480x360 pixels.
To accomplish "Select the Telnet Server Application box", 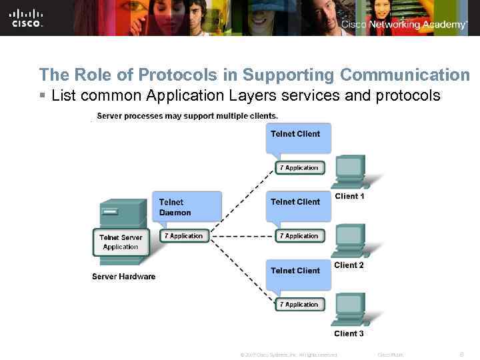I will [x=120, y=242].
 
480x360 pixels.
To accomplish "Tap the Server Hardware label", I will [x=123, y=277].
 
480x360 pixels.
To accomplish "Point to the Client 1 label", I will [x=349, y=197].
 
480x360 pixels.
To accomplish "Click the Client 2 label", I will [x=349, y=265].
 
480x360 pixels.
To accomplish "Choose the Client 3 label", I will [x=349, y=333].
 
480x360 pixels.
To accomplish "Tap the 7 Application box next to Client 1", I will [x=299, y=168].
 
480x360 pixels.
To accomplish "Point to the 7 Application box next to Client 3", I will [x=299, y=305].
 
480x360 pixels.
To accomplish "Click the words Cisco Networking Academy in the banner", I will [x=404, y=25].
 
